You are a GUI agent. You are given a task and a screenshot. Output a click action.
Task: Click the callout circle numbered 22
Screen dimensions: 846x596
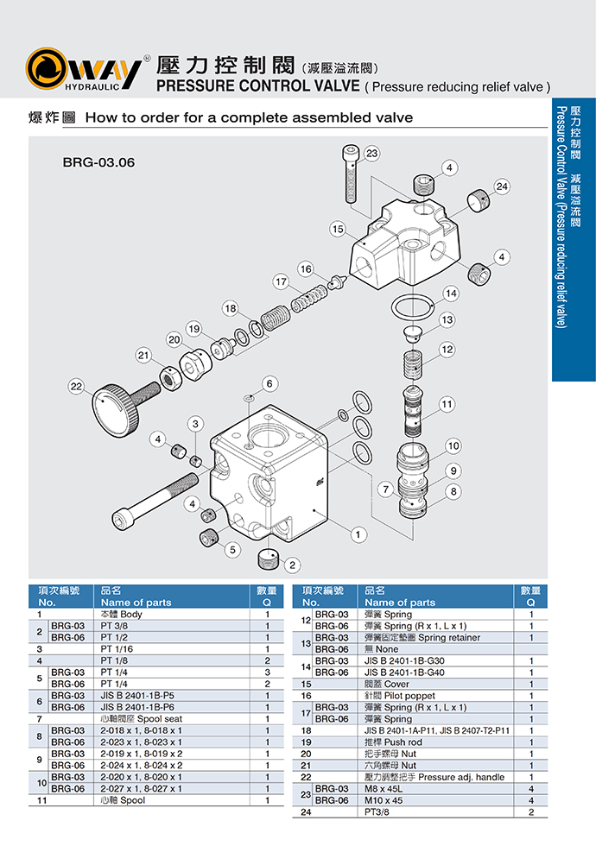point(77,388)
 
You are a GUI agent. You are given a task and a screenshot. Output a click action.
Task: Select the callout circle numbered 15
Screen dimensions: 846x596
point(338,229)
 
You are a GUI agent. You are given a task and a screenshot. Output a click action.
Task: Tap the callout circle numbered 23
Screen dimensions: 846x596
point(371,154)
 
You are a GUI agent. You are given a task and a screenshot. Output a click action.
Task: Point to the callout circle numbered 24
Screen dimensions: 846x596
point(502,186)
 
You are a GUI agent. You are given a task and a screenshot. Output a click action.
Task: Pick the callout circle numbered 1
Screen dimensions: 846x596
point(355,535)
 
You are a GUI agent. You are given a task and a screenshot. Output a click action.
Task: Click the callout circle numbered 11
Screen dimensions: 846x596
point(446,404)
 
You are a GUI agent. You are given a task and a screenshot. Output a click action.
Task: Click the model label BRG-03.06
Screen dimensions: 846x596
point(98,161)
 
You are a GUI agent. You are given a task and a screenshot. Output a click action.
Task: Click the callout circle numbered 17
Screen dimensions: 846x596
point(281,281)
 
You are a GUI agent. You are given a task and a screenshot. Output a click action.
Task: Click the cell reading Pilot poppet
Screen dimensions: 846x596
point(401,695)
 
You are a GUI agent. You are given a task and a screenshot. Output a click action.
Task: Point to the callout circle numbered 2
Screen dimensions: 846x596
point(293,565)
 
